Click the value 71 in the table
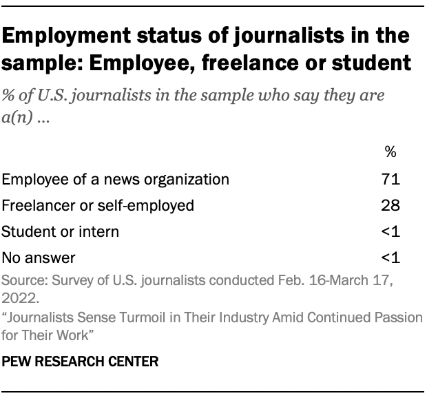(391, 179)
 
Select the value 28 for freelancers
(391, 205)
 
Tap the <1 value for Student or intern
(390, 231)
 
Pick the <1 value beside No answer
(390, 258)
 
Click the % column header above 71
(391, 151)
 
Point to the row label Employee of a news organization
(115, 179)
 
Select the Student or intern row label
(60, 231)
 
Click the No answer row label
(38, 258)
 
